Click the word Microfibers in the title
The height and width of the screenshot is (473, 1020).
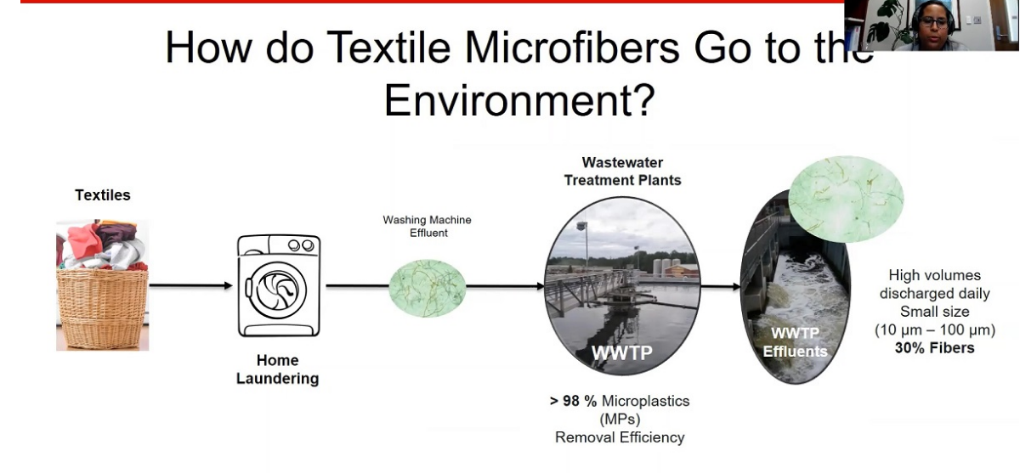point(572,48)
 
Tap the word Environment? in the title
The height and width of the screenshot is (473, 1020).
point(519,100)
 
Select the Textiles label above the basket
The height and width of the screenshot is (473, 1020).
point(103,195)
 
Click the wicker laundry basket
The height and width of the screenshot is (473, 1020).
point(103,309)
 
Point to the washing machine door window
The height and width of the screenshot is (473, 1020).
point(278,290)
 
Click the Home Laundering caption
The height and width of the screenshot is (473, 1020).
point(278,369)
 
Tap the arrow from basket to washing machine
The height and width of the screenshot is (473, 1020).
point(190,285)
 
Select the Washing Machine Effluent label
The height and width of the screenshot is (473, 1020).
point(427,227)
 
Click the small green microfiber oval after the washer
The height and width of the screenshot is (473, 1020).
point(427,289)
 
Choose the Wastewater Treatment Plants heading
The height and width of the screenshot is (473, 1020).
point(622,172)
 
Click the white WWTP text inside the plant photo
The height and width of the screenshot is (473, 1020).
point(622,352)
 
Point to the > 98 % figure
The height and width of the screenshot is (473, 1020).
point(573,401)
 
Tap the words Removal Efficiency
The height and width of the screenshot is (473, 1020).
point(620,437)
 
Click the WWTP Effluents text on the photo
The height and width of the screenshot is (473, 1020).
point(795,342)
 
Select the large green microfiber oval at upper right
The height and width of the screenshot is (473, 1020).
point(846,200)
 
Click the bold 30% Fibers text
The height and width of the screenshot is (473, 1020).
point(935,348)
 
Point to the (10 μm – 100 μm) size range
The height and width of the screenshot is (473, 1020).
point(935,329)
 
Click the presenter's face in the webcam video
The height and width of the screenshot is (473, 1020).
point(933,22)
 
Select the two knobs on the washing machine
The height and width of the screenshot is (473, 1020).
point(301,245)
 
